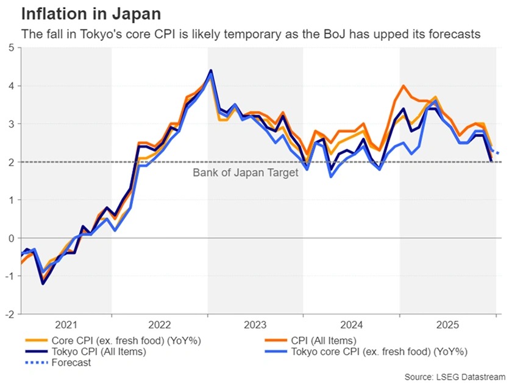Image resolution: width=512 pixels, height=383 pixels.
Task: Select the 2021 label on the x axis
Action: pyautogui.click(x=66, y=326)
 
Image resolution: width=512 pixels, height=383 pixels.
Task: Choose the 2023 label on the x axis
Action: pyautogui.click(x=255, y=326)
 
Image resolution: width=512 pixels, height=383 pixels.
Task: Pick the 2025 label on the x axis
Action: pyautogui.click(x=447, y=326)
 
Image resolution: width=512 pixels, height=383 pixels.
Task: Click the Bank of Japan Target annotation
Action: pyautogui.click(x=246, y=173)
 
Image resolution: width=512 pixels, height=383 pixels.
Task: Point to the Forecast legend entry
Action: pyautogui.click(x=71, y=362)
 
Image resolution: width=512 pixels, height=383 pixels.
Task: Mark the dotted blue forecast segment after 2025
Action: pyautogui.click(x=497, y=152)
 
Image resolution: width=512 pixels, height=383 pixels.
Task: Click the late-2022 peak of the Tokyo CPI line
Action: pyautogui.click(x=210, y=71)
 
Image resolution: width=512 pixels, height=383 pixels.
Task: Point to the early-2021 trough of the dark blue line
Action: pyautogui.click(x=43, y=284)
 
